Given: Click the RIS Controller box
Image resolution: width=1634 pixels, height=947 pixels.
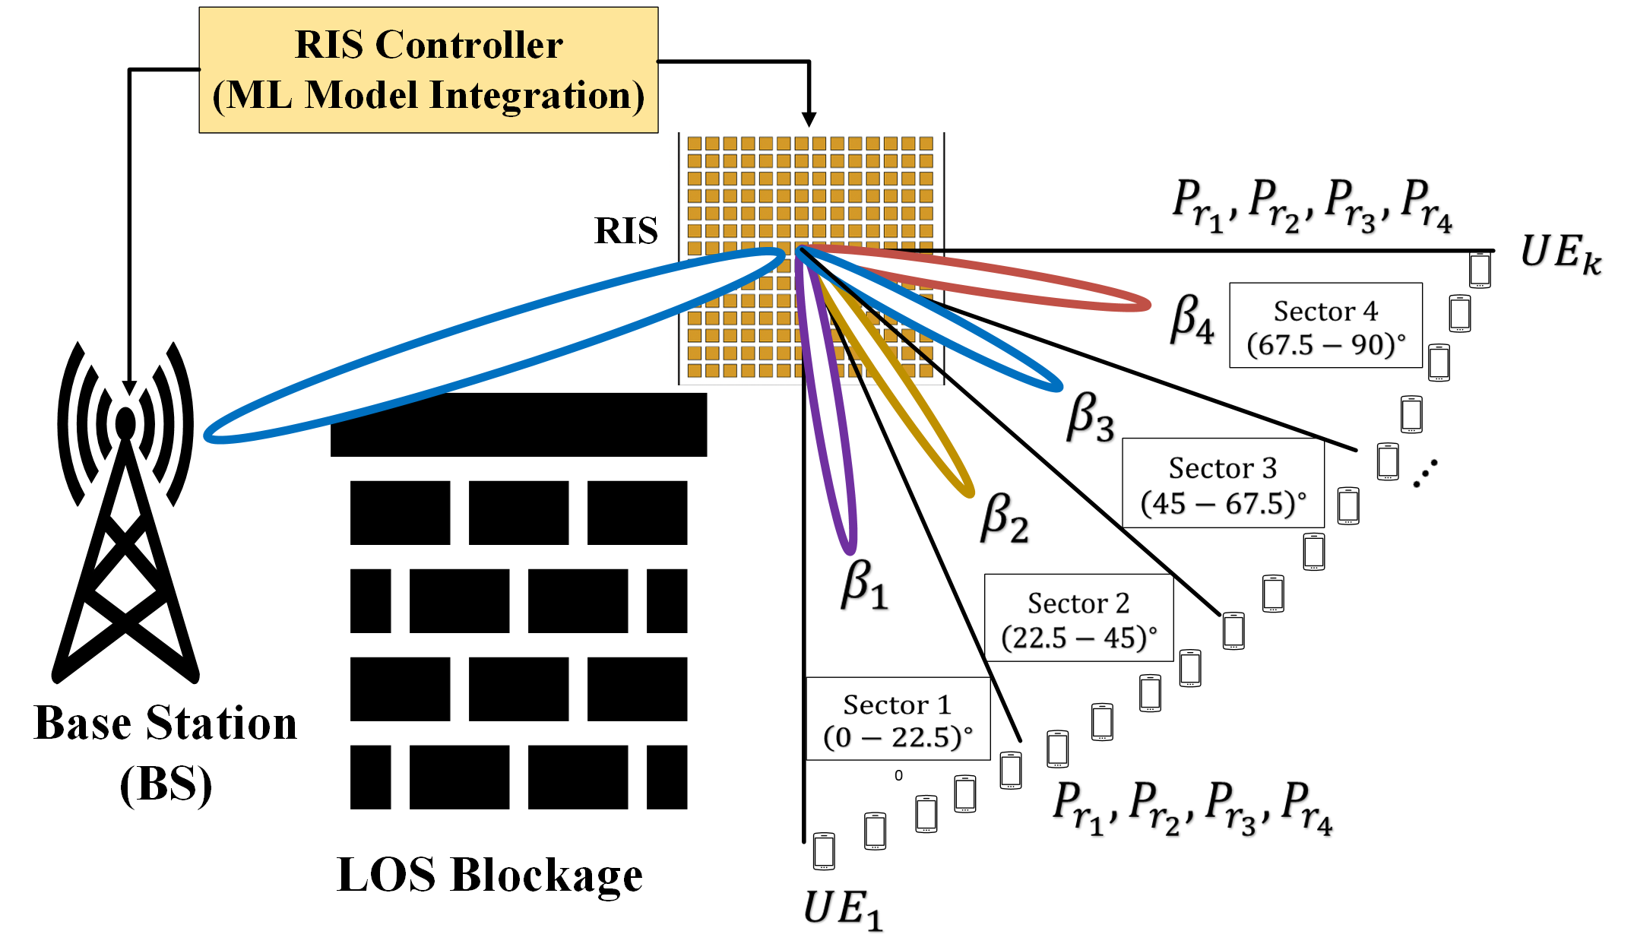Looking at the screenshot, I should click(429, 70).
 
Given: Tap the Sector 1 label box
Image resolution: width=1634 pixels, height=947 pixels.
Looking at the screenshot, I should click(898, 719).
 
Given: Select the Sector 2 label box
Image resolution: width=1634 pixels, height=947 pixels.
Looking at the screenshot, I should click(1078, 618).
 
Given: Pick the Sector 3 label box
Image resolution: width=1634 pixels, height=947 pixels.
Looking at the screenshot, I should click(1223, 483).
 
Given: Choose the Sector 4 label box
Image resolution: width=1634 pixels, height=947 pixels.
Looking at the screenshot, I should click(1325, 326).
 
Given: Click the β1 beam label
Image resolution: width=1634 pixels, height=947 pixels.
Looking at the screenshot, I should click(864, 584).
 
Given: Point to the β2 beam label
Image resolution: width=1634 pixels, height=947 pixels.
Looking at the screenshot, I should click(1004, 518).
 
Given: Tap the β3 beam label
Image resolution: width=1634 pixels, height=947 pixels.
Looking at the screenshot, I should click(1090, 417).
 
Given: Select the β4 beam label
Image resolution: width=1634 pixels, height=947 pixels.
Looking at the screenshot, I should click(1192, 319).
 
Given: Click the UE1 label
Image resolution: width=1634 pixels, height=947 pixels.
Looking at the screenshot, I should click(842, 909).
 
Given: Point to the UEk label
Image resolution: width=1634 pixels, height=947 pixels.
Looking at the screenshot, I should click(1560, 253).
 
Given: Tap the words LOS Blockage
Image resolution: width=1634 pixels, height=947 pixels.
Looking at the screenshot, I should click(489, 876).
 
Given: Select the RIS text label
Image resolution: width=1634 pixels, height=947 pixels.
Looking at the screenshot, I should click(625, 230).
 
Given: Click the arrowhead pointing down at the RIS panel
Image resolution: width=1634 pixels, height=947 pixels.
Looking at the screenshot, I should click(809, 119).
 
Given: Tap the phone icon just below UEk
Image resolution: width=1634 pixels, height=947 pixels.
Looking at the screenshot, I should click(1479, 270).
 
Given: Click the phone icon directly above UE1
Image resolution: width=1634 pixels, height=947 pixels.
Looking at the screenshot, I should click(824, 851).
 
